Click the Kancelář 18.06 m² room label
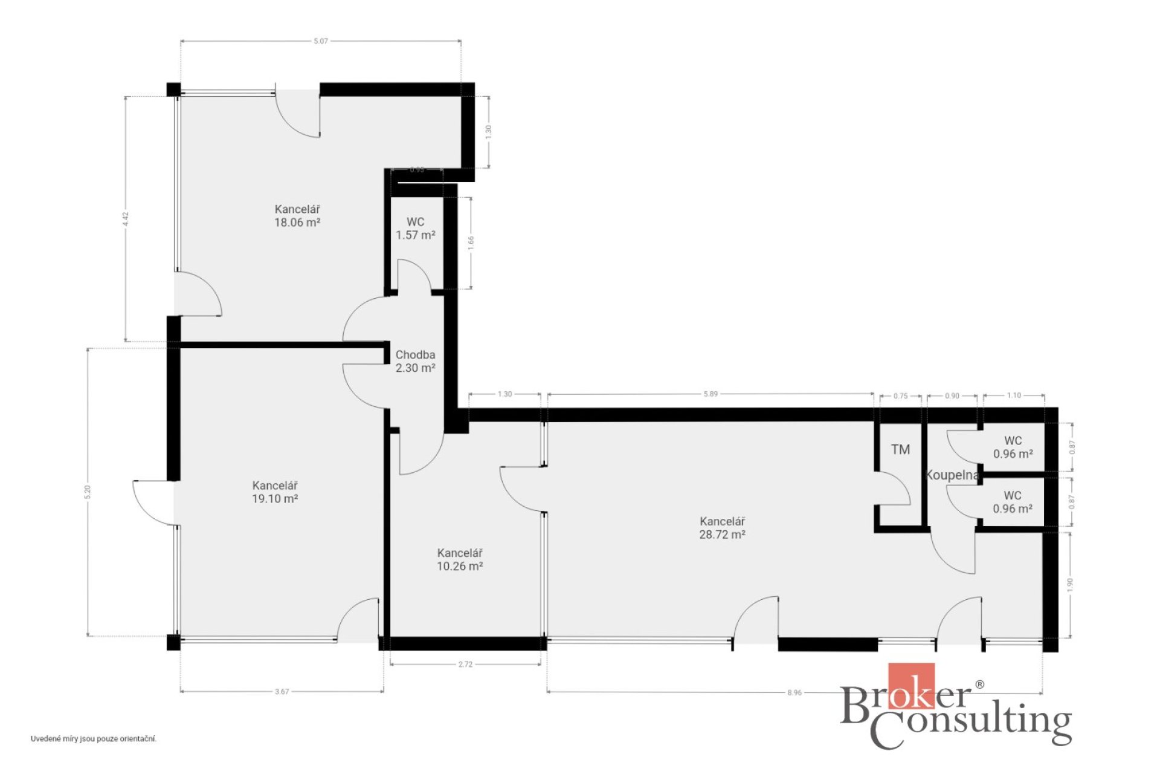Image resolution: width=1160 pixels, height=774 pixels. click(x=297, y=216)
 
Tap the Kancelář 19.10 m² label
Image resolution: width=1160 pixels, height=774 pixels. click(x=275, y=492)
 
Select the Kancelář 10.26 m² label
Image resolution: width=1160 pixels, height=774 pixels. click(x=460, y=559)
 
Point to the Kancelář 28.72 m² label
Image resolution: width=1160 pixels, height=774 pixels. click(x=722, y=528)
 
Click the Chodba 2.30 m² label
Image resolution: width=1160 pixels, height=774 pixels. click(x=416, y=362)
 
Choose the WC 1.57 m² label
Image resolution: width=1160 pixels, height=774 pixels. click(x=416, y=229)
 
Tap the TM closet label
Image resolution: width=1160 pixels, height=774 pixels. click(x=900, y=449)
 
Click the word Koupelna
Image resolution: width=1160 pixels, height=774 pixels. click(x=952, y=475)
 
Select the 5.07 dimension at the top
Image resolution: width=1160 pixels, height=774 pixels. click(x=321, y=41)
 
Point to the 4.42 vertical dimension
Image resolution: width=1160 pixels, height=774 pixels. click(x=126, y=219)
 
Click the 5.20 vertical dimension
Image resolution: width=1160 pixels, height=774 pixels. click(x=88, y=492)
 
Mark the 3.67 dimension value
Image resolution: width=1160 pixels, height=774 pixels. click(x=282, y=692)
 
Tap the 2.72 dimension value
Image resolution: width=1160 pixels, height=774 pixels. click(x=465, y=665)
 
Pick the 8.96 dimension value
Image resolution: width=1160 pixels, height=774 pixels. click(x=794, y=693)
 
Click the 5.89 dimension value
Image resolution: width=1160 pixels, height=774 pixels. click(x=710, y=394)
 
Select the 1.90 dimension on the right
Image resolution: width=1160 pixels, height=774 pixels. click(x=1070, y=585)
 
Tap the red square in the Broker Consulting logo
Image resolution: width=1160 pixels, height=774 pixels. click(x=911, y=686)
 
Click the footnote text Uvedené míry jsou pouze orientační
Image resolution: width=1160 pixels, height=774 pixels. click(x=94, y=739)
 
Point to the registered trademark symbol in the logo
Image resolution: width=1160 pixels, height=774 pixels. click(x=979, y=685)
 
